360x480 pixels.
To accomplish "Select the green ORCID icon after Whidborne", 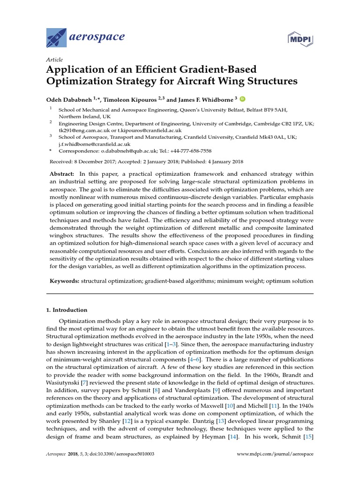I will (243, 99).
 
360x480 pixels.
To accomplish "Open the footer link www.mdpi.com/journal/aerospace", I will (275, 454).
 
